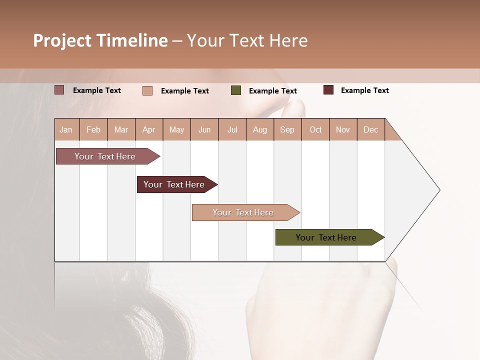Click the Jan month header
point(66,129)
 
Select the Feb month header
point(93,129)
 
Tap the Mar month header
point(121,129)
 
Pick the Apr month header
point(149,129)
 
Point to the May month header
point(176,129)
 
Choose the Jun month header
point(204,129)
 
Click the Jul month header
point(232,129)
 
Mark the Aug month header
point(260,129)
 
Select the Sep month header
point(287,129)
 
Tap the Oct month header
point(315,129)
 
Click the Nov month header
point(343,129)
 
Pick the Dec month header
point(371,129)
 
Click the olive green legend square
point(236,90)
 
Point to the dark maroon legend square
point(328,90)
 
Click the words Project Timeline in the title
point(100,40)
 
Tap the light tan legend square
point(147,90)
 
